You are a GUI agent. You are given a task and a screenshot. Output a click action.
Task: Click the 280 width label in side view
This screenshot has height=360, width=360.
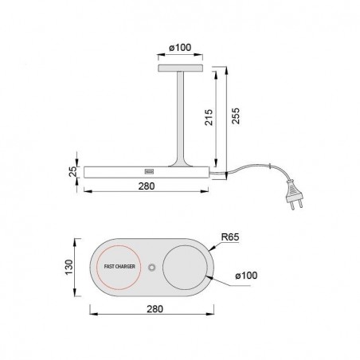146,186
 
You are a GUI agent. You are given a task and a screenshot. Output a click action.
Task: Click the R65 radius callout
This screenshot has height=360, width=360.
229,237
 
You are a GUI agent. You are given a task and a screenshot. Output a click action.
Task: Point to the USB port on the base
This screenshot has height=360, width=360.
149,170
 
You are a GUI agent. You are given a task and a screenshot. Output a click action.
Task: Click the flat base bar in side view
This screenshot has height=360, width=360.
112,170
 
